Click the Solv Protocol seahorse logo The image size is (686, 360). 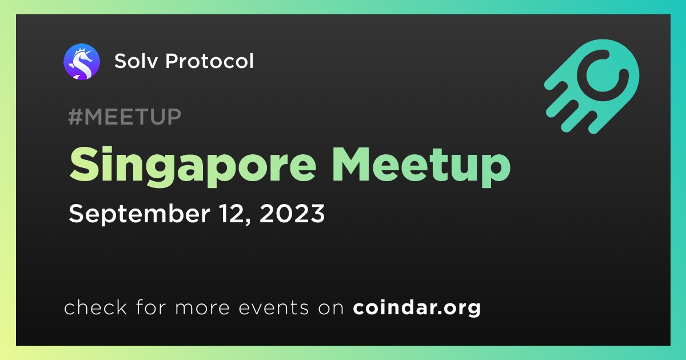[81, 62]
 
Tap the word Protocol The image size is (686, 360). [209, 61]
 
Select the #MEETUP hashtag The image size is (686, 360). [125, 117]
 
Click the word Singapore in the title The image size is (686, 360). [193, 166]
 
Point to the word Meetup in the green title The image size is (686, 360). [421, 166]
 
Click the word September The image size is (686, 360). [139, 214]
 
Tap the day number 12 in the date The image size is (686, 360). [234, 214]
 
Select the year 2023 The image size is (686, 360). [292, 213]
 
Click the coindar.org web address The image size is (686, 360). [417, 307]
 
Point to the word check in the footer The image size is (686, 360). [95, 307]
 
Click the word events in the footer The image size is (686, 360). [274, 307]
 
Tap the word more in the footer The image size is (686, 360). [202, 308]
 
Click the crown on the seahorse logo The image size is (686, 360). [80, 50]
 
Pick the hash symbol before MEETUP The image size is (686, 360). [74, 117]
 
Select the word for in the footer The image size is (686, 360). [151, 307]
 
